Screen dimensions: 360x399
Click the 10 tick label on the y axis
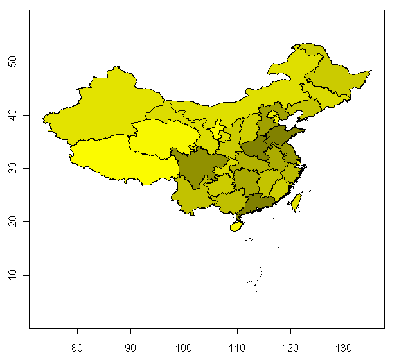[17, 275]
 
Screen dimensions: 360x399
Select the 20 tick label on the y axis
[17, 222]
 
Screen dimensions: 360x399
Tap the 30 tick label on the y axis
[17, 168]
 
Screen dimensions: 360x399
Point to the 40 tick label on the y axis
[17, 115]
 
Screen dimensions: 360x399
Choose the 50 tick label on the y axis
[17, 62]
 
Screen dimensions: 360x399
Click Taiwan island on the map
[297, 202]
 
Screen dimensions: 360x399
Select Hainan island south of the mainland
[236, 226]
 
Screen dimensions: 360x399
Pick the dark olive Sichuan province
[196, 167]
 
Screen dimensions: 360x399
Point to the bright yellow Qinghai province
[154, 138]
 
